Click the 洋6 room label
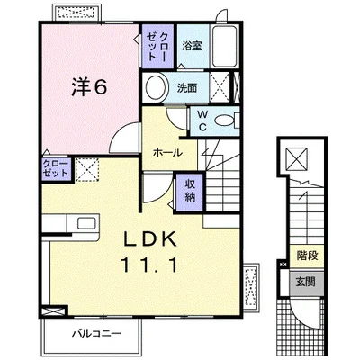89,87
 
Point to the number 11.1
149,265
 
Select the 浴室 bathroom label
193,46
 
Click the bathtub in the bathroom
225,47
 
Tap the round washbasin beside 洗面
157,87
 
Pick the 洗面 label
187,87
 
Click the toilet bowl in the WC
224,121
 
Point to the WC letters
203,121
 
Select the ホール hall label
167,153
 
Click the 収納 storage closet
190,192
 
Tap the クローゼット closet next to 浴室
157,46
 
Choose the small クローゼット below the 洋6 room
56,169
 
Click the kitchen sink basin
86,223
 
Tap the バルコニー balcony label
96,333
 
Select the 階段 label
307,256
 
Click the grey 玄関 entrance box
307,283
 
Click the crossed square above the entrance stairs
296,158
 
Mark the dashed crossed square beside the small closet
87,169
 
